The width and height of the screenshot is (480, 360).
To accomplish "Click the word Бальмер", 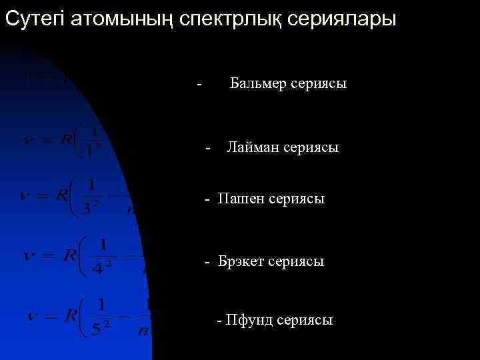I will click(x=259, y=83).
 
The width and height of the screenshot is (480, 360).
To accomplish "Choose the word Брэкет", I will click(x=239, y=261).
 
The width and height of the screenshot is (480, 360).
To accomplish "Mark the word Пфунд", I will click(x=249, y=320).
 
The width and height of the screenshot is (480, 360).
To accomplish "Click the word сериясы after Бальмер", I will click(x=319, y=83).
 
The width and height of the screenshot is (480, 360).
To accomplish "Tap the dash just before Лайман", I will click(x=209, y=147).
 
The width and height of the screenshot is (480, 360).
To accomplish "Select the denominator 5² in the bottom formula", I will click(x=101, y=327).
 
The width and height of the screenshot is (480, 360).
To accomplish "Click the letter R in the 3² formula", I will click(x=62, y=195).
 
